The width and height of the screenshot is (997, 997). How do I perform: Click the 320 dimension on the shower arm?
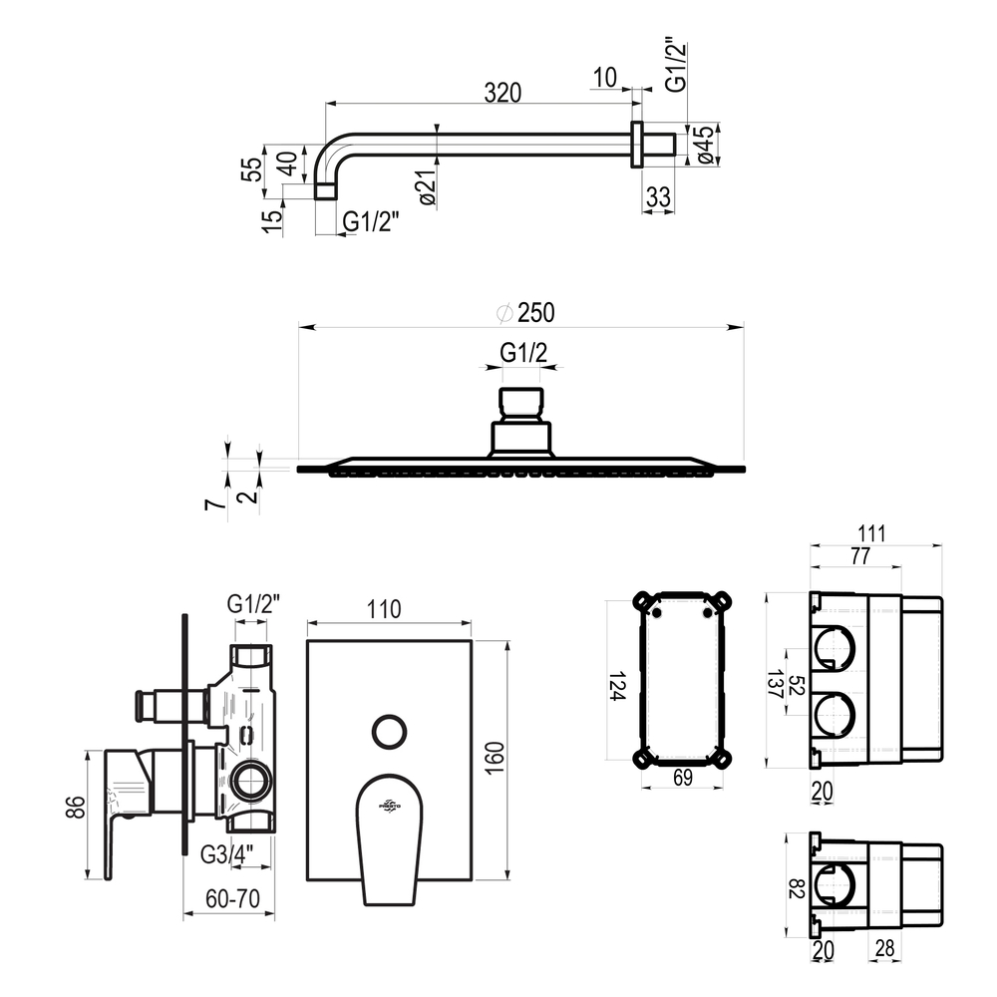tap(502, 93)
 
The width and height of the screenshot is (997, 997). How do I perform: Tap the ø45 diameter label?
tap(705, 145)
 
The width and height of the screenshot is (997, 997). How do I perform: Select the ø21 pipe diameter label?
tap(428, 188)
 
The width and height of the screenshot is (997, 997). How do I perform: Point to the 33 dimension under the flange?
tap(658, 197)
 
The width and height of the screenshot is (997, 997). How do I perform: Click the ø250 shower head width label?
tap(526, 313)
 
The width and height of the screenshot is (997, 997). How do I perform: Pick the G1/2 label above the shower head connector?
tap(523, 352)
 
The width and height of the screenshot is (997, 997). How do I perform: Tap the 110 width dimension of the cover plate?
tap(384, 609)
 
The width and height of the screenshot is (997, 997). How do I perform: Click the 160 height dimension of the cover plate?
tap(495, 758)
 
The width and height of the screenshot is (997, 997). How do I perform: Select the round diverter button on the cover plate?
tap(389, 731)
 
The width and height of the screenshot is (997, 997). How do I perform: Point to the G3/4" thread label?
tap(227, 854)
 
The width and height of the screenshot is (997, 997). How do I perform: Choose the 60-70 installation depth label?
tap(232, 898)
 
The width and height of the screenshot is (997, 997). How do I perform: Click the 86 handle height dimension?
tap(75, 808)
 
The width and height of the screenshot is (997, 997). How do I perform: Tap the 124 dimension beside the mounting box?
tap(618, 687)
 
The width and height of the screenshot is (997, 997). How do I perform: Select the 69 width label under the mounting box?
tap(682, 777)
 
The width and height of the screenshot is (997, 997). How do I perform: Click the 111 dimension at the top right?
tap(871, 533)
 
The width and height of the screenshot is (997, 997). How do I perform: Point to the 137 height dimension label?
tap(775, 684)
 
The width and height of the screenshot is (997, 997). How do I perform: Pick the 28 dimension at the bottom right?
tap(884, 948)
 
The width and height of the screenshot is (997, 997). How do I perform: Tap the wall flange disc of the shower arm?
tap(636, 145)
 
